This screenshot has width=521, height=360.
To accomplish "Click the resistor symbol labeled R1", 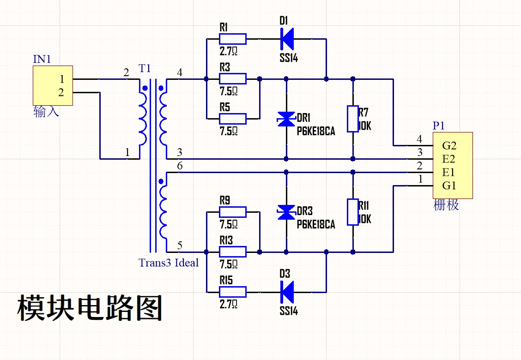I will coord(232,39).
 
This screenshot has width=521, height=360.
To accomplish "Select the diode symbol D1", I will coord(287,39).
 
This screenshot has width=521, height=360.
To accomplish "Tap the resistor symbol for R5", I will coord(232,119).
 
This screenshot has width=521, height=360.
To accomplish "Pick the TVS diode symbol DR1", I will coord(286,119).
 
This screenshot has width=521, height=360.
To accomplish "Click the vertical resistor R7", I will coord(353,119).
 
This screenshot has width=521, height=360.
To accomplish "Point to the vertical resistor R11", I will coord(353,212).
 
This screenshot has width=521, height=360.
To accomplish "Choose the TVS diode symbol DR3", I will coord(286,212).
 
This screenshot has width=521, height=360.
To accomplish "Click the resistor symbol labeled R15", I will coord(232,292).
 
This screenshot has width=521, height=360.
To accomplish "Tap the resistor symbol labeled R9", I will coord(232,212).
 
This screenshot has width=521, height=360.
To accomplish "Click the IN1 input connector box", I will coord(52,85).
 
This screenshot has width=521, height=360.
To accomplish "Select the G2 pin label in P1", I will coord(449,146).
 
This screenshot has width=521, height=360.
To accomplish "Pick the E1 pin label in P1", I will coord(449,173).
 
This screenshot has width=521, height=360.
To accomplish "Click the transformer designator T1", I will coord(145,69).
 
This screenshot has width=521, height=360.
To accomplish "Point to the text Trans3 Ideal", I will coord(168,263).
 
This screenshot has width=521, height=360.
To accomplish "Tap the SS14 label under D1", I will coord(289,59).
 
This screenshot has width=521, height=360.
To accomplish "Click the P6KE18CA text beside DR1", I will coord(315,132).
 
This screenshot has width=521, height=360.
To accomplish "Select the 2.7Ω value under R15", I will coord(229,304).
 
